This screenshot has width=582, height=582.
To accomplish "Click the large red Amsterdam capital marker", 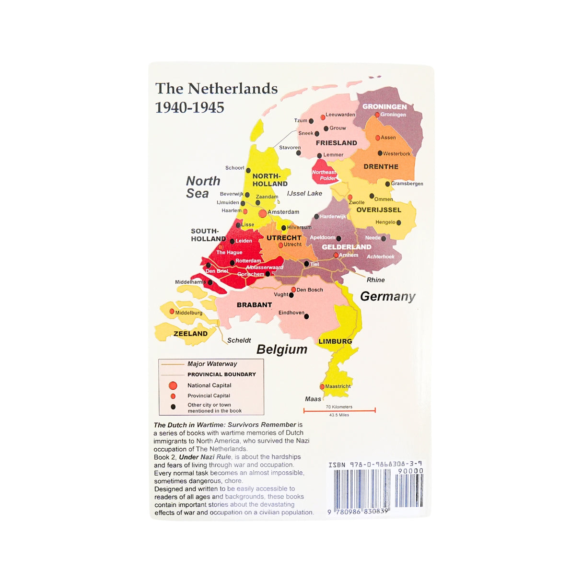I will pos(262,213).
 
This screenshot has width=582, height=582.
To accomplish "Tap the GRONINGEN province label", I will pos(384,106).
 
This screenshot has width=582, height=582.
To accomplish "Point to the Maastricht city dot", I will pos(322,386).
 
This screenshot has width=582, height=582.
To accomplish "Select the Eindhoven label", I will pos(291,313).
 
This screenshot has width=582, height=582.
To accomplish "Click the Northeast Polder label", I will pos(324,175).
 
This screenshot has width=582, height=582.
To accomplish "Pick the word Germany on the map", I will pos(387,297).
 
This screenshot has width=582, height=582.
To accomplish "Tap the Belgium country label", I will pos(282,349).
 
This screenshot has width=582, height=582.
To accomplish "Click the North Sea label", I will pos(202,187).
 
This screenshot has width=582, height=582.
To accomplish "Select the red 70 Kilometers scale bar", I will pos(339,410).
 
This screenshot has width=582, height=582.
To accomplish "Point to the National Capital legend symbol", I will pos(173,385).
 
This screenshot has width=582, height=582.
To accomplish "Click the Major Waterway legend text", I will pos(212,364).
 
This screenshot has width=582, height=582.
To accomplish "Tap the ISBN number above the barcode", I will pos(375,465).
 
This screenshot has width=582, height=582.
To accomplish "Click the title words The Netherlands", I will pos(216,89).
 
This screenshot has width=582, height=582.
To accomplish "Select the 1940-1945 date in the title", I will pos(189,107).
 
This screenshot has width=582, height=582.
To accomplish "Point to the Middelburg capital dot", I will pos(172,312).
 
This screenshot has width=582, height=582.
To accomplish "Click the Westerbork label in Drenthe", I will pos(396,154).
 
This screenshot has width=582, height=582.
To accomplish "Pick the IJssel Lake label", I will pos(304,194).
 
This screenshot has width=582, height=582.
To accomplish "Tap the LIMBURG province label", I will pos(335,341).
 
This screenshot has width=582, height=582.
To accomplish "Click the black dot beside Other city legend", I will pos(173,407).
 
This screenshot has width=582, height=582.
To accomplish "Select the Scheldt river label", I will pos(239,340).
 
